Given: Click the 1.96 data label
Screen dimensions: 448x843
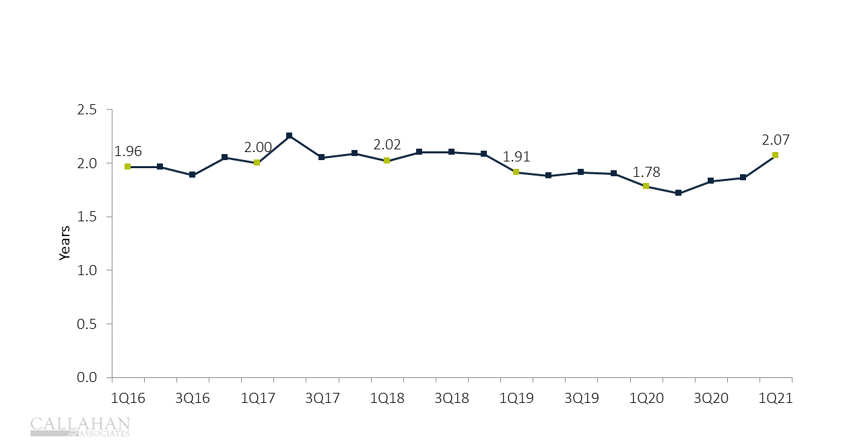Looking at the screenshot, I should pyautogui.click(x=128, y=151).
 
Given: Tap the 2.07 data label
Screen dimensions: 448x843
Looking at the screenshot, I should pyautogui.click(x=776, y=140).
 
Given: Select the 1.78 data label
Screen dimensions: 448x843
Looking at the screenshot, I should pyautogui.click(x=646, y=172).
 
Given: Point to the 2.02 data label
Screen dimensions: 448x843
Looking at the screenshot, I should pyautogui.click(x=387, y=145).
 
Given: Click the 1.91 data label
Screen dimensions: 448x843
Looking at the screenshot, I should pyautogui.click(x=516, y=157).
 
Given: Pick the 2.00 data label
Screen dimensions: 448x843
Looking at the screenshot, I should pyautogui.click(x=257, y=147).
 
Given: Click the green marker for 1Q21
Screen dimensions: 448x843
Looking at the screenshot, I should pyautogui.click(x=776, y=155).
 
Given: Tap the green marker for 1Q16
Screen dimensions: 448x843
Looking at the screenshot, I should pyautogui.click(x=127, y=167).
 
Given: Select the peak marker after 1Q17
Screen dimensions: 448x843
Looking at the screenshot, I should pyautogui.click(x=290, y=136).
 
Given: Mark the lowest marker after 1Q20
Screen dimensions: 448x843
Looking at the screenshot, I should pyautogui.click(x=679, y=193).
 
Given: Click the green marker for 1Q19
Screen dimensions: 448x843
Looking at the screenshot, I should pyautogui.click(x=516, y=172).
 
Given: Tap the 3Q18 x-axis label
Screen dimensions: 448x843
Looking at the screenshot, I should pyautogui.click(x=452, y=398).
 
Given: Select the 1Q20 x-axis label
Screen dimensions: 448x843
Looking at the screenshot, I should pyautogui.click(x=646, y=398).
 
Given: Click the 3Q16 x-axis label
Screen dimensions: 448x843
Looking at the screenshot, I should pyautogui.click(x=193, y=398).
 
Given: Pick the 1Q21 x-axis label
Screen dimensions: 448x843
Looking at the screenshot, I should pyautogui.click(x=776, y=398).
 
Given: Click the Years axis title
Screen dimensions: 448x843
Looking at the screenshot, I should pyautogui.click(x=65, y=243).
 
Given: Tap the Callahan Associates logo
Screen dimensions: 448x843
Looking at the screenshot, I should pyautogui.click(x=80, y=426).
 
